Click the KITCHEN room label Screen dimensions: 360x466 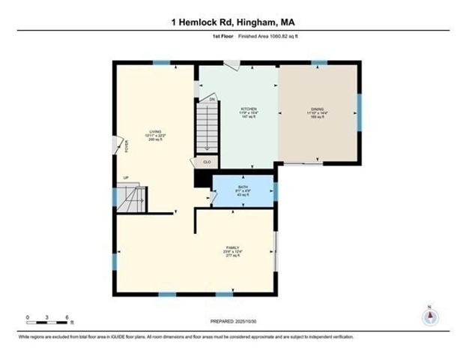coord(248,109)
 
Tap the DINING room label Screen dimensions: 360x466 coord(318,109)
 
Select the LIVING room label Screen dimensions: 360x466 coord(155,130)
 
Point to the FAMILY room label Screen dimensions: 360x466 coord(233,247)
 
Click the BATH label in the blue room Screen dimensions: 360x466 coord(243,187)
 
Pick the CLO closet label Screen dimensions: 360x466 coord(207,161)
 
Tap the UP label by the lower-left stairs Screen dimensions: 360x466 coord(126,178)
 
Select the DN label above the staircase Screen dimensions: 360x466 coord(212,99)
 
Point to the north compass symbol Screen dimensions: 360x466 coord(429,316)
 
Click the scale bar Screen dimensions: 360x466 coord(49,322)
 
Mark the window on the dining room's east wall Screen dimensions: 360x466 coord(359,112)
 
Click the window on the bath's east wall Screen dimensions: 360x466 coord(275,191)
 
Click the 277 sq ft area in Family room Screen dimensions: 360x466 coord(233,256)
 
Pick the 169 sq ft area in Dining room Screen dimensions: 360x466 coord(318,118)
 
